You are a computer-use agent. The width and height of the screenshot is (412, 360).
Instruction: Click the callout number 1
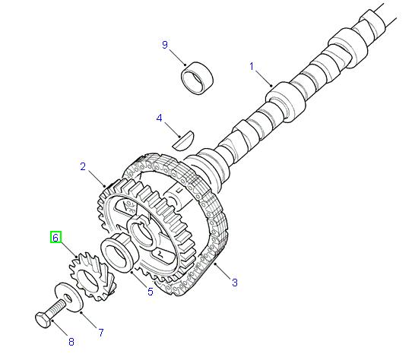[x=252, y=66]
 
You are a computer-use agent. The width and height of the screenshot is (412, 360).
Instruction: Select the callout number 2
[x=84, y=166]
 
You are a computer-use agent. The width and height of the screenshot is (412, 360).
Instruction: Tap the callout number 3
[x=234, y=283]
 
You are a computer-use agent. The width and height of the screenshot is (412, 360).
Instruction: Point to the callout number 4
[x=160, y=118]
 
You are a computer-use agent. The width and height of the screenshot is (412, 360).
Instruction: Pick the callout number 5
[x=150, y=291]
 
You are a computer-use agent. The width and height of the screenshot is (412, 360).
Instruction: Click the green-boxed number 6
[x=55, y=238]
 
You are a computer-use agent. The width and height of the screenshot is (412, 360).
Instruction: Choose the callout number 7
[x=100, y=333]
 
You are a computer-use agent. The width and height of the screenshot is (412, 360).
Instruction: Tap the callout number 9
[x=164, y=45]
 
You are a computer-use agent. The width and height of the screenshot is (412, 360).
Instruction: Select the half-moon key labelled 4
[x=183, y=137]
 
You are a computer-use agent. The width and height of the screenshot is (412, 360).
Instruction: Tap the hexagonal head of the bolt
[x=44, y=319]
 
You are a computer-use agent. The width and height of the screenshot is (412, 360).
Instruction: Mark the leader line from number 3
[x=223, y=272]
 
